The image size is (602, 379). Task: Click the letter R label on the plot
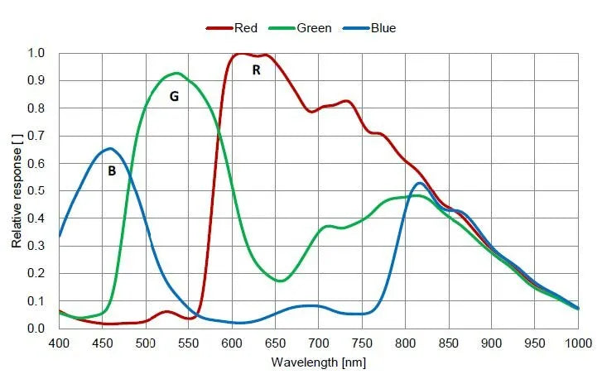click(257, 70)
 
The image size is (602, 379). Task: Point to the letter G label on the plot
click(174, 96)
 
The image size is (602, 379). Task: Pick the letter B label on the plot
click(112, 171)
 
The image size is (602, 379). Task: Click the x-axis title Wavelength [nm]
click(318, 362)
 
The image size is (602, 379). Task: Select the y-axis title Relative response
click(17, 189)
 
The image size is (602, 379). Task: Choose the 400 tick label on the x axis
click(59, 343)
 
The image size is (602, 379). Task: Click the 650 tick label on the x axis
click(275, 343)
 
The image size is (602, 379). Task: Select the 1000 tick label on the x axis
click(578, 343)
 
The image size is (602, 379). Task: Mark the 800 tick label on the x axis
click(405, 343)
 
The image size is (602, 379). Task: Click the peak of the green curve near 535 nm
click(176, 73)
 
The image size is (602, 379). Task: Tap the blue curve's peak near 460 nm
click(110, 149)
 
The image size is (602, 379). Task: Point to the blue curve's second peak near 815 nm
click(419, 183)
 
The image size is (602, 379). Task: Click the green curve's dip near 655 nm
click(281, 281)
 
